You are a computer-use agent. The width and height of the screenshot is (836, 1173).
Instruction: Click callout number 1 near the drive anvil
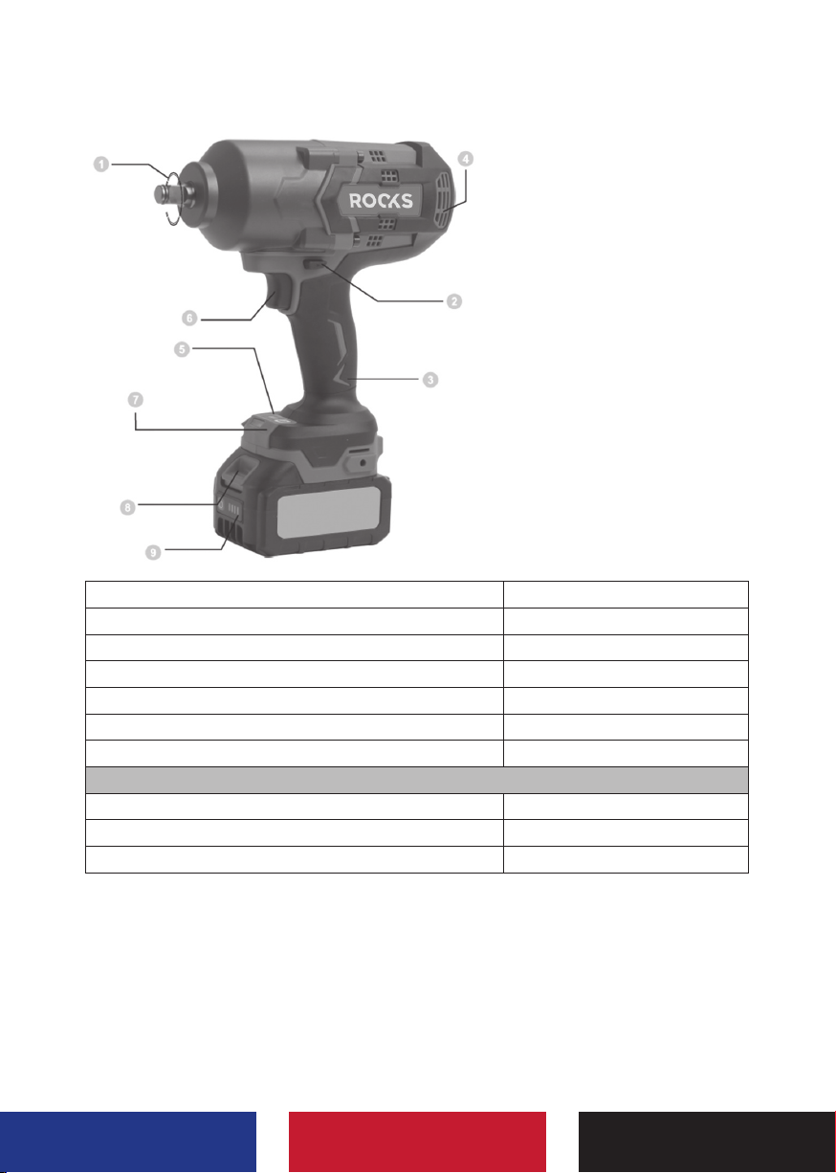click(101, 165)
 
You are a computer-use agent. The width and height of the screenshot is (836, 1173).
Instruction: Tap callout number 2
click(453, 301)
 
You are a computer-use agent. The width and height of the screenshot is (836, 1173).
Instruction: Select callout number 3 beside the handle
click(430, 379)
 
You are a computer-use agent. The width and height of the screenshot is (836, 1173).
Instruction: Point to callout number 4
click(466, 159)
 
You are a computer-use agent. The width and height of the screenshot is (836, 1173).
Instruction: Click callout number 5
click(182, 349)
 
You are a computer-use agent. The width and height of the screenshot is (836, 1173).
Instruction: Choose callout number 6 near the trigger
click(189, 318)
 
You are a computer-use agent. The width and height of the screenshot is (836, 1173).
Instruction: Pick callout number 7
click(136, 400)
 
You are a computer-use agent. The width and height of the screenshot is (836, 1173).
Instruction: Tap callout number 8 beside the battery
click(127, 507)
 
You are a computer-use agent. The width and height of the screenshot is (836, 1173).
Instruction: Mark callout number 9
click(153, 552)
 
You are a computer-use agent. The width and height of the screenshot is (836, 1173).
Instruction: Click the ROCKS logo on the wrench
click(381, 201)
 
